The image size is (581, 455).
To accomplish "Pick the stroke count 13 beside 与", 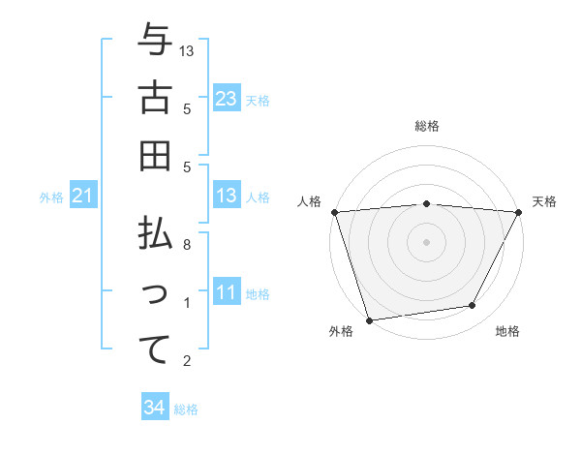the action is click(x=188, y=50).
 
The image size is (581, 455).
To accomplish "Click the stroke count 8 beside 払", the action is click(x=188, y=245).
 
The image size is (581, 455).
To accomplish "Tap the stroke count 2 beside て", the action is click(x=188, y=361).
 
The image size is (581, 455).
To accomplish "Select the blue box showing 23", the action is click(x=227, y=99).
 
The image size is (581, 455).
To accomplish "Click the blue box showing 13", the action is click(x=227, y=197).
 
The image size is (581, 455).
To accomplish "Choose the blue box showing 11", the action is click(x=227, y=293).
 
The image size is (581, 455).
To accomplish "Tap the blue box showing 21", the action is click(x=82, y=197).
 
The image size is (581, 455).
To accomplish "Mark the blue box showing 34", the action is click(x=154, y=408).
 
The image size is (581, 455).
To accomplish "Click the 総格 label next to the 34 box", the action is click(x=186, y=409).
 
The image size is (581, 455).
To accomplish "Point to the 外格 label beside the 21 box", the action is click(x=51, y=197).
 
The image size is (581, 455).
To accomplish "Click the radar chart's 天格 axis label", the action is click(x=544, y=201).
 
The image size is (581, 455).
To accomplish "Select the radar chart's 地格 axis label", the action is click(x=507, y=332).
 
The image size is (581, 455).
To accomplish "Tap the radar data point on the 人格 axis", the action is click(x=334, y=212).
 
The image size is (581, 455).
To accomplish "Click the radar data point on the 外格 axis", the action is click(x=369, y=319).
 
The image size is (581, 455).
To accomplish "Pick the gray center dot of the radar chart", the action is click(x=426, y=241).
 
